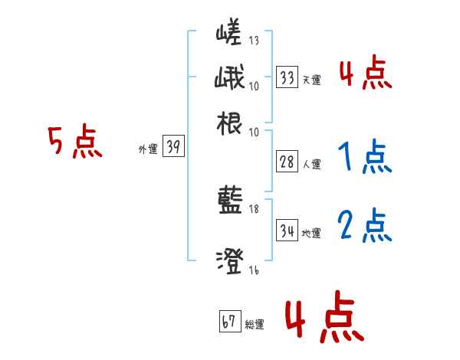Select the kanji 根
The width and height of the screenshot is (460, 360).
click(230, 123)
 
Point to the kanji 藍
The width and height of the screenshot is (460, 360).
click(230, 201)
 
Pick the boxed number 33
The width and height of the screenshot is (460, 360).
click(287, 77)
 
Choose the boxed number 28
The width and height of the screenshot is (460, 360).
click(287, 162)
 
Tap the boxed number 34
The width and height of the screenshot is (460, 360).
click(287, 230)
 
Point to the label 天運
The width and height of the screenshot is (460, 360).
click(311, 80)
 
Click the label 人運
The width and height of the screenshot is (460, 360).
click(311, 164)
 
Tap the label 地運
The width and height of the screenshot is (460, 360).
click(311, 232)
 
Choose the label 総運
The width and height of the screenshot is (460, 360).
click(254, 324)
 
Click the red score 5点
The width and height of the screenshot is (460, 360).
click(75, 143)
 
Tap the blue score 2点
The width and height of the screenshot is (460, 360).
click(364, 227)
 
